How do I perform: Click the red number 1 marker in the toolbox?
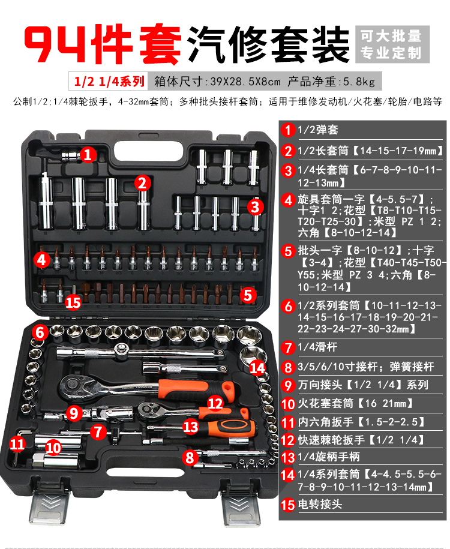[88, 154]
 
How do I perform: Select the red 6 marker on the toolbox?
[40, 332]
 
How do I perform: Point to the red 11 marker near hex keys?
[17, 444]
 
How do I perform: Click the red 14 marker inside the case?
[257, 368]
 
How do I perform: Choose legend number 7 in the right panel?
[288, 347]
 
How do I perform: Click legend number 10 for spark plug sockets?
[288, 404]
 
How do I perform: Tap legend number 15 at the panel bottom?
[288, 505]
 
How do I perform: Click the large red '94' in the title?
[55, 44]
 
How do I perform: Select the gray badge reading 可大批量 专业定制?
[392, 44]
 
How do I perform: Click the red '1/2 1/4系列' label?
[109, 81]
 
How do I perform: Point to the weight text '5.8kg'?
[359, 82]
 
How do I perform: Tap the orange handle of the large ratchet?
[196, 388]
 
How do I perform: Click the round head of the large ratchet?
[74, 385]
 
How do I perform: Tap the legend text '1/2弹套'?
[317, 130]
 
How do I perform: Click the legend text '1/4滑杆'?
[317, 347]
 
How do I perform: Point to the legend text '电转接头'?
[320, 504]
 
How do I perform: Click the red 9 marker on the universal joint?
[74, 413]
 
